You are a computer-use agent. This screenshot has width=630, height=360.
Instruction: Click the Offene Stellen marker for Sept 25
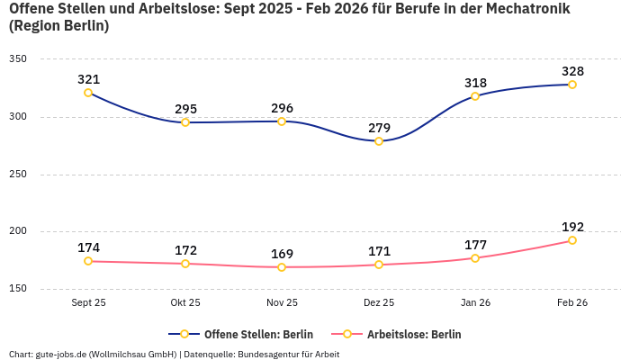click(x=88, y=93)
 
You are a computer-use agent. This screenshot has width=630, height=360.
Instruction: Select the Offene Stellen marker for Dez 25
click(x=379, y=141)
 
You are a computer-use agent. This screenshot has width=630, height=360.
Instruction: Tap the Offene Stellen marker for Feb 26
click(x=572, y=85)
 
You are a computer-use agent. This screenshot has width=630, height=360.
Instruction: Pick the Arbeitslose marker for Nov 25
click(x=282, y=267)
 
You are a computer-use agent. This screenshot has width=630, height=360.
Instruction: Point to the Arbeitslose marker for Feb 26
click(x=572, y=240)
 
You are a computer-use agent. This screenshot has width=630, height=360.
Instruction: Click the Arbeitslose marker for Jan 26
click(x=475, y=258)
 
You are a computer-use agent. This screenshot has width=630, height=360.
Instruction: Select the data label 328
click(x=572, y=71)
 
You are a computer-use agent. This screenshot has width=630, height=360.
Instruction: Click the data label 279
click(x=379, y=128)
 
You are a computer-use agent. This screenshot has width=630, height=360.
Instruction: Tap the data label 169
click(x=282, y=254)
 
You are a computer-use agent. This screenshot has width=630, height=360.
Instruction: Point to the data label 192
click(x=572, y=227)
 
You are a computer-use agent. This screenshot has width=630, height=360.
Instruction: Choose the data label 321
click(x=88, y=79)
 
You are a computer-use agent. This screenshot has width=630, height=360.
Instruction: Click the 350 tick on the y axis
click(x=18, y=59)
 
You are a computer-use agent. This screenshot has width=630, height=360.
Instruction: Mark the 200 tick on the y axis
click(x=18, y=231)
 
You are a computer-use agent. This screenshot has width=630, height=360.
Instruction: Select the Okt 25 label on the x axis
click(x=185, y=302)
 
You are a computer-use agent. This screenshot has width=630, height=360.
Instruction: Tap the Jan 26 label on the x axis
click(x=475, y=302)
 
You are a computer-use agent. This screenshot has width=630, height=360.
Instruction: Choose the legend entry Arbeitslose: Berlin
click(x=414, y=334)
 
